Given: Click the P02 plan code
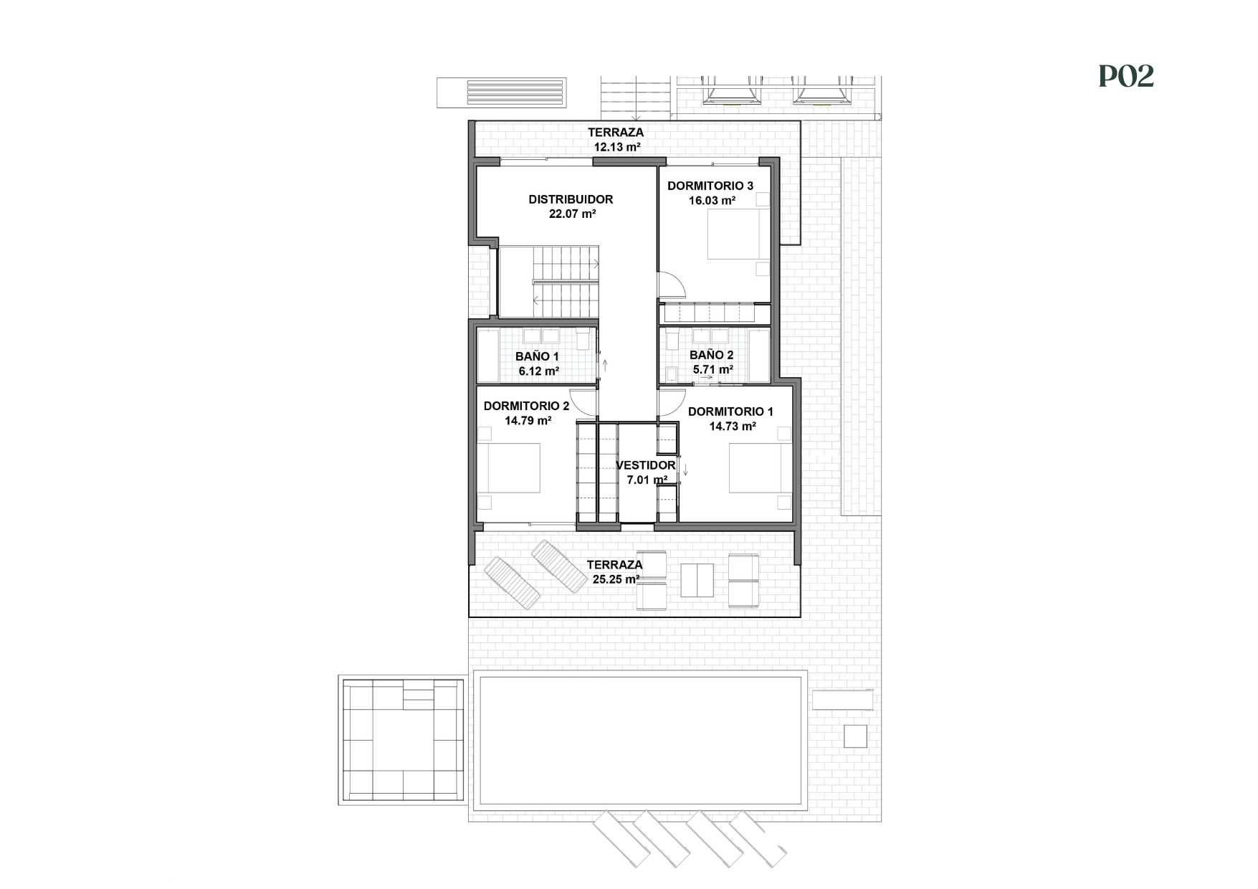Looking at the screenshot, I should coord(1126,77).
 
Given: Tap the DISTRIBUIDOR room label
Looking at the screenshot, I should coord(571,199).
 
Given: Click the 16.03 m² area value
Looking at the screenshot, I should coord(712,201).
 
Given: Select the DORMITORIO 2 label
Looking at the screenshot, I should coord(526,406).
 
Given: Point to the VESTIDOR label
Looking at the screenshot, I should coord(645,465).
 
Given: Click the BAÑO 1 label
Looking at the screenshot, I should coord(537,356).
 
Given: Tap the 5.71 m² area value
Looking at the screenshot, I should coord(713,370).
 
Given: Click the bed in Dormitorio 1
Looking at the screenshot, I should coord(760,468).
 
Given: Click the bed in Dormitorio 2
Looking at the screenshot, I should coord(509,467).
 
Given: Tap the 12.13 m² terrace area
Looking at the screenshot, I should coord(616,147).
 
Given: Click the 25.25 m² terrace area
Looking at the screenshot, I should coord(616,579).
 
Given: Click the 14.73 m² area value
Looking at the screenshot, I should coord(733,427).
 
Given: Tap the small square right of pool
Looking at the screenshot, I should coord(854,736).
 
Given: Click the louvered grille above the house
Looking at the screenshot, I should coord(501,93).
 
